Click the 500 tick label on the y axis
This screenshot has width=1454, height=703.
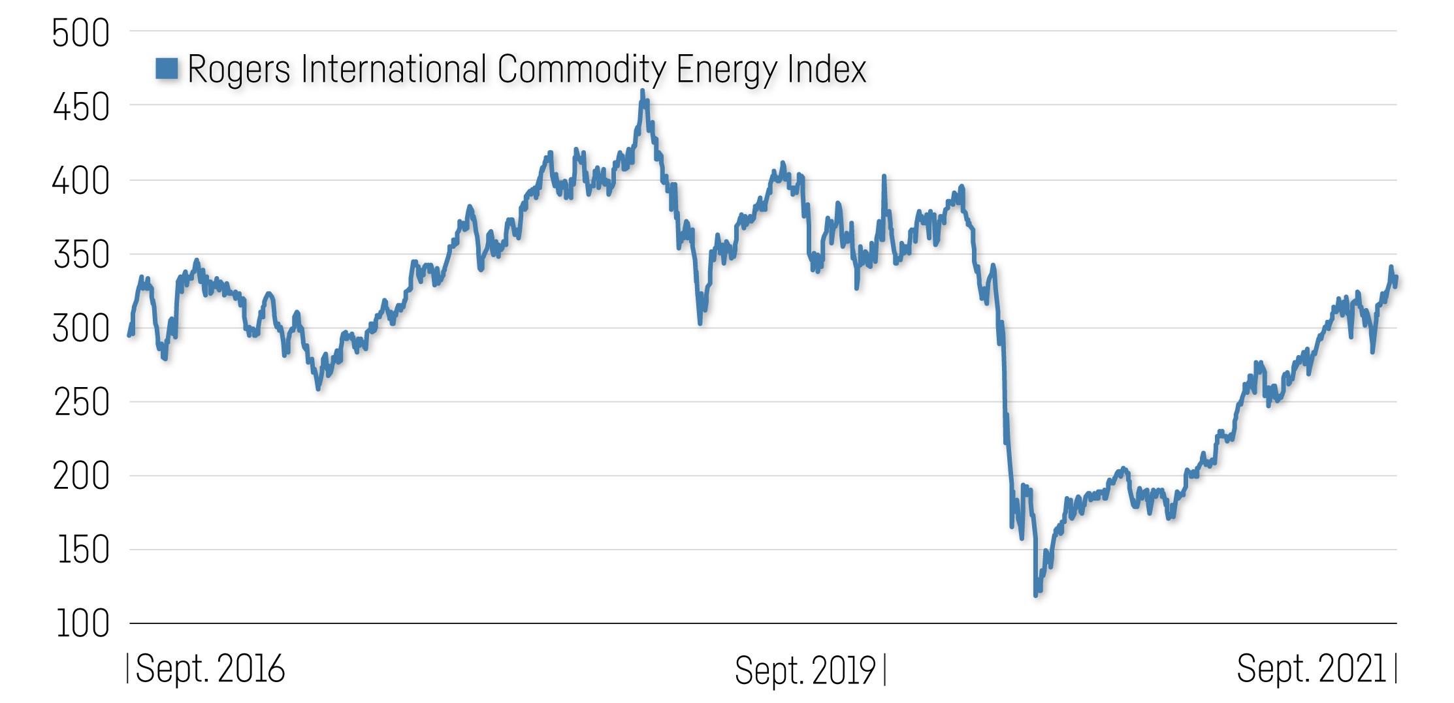(81, 34)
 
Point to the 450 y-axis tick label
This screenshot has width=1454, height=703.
(81, 108)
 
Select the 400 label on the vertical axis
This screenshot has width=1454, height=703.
(81, 181)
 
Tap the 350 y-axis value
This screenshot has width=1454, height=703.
(81, 255)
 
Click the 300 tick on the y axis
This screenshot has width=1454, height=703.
(81, 329)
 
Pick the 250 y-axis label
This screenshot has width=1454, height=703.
(81, 403)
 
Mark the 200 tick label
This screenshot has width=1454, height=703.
(81, 476)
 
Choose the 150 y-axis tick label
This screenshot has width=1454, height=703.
(83, 550)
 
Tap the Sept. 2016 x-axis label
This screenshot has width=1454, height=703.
(210, 669)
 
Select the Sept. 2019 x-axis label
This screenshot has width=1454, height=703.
(805, 670)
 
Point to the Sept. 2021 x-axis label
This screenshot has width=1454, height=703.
(1311, 669)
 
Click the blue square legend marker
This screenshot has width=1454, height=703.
(167, 68)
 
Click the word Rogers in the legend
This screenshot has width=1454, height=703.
(239, 69)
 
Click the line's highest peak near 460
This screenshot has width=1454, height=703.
(643, 92)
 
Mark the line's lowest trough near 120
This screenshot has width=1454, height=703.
(1036, 594)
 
